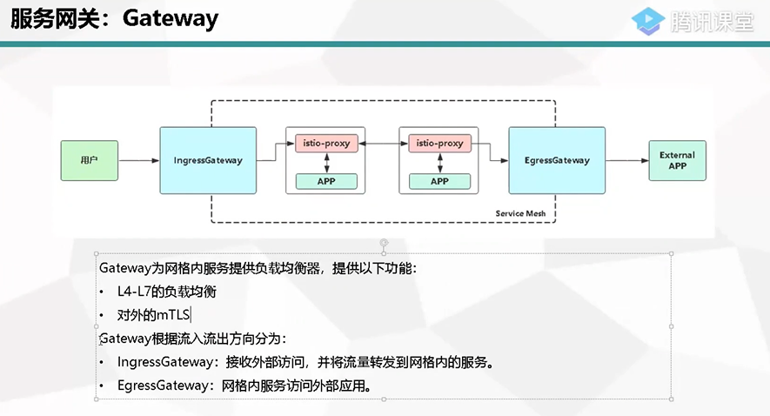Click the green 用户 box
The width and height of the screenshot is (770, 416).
click(89, 161)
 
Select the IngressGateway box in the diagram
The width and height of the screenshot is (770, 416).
click(208, 160)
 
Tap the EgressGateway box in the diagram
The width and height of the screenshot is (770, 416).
click(557, 160)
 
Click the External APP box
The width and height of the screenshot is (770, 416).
click(677, 160)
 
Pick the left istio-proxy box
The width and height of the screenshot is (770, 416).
click(326, 143)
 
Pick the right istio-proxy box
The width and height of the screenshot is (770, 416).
click(439, 143)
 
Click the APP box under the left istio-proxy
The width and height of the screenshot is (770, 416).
click(326, 181)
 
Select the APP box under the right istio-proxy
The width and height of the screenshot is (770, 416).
click(439, 181)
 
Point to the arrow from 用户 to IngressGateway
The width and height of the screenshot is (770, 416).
click(138, 161)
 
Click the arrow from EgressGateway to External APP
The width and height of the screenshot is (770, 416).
click(626, 161)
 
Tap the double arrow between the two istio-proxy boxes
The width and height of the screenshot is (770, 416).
click(383, 143)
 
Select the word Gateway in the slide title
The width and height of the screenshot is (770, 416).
click(171, 19)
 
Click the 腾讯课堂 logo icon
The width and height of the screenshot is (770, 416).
click(648, 20)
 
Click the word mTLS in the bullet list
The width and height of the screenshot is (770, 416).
click(172, 315)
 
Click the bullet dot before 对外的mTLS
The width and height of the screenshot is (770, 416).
click(103, 315)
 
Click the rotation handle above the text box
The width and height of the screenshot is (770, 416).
click(384, 243)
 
